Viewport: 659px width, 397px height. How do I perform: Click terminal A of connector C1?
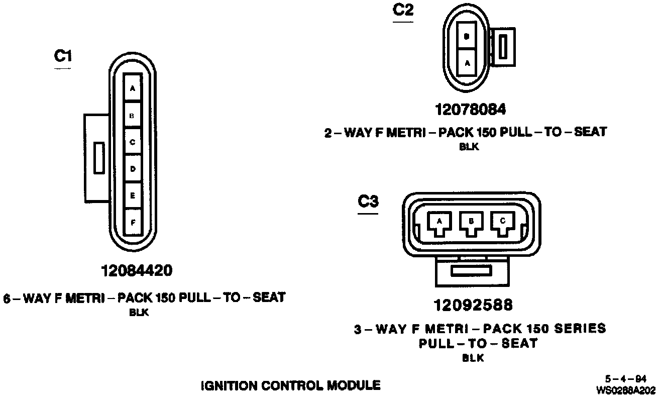click(x=133, y=88)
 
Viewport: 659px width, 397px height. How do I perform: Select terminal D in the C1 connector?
click(x=133, y=169)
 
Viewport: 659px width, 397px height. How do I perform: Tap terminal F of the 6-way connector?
click(x=133, y=222)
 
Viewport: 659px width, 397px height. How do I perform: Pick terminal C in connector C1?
click(x=133, y=142)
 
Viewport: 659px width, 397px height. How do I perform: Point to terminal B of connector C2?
click(x=467, y=36)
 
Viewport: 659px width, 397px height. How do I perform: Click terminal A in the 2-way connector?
click(x=467, y=63)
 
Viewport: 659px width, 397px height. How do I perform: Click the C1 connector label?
click(x=63, y=56)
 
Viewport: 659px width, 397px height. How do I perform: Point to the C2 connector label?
click(x=402, y=11)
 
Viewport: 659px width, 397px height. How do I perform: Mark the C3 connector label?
click(x=368, y=202)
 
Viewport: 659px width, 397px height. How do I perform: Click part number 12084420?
click(x=137, y=271)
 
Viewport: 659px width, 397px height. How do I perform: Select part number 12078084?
click(x=471, y=109)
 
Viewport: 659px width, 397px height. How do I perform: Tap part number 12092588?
click(x=473, y=305)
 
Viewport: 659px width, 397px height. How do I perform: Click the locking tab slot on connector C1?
click(x=99, y=158)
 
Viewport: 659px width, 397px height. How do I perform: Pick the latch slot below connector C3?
click(x=471, y=271)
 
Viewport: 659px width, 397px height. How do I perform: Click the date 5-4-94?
click(x=626, y=379)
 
